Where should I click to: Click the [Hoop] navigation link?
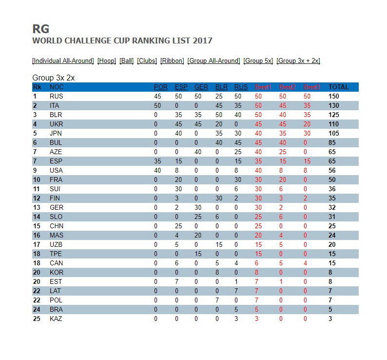pos(107,61)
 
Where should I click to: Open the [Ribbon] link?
pos(172,61)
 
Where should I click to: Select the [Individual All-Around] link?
pos(63,61)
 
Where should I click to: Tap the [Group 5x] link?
pos(258,61)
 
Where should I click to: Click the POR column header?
pos(160,87)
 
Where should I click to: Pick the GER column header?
pos(201,87)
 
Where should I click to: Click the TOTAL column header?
pos(338,87)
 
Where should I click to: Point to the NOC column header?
pos(57,87)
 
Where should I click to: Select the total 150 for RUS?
pos(333,97)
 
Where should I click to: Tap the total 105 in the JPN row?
pos(333,134)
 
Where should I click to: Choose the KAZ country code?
pos(56,319)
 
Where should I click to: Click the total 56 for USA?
pos(332,171)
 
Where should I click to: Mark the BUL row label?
pos(56,143)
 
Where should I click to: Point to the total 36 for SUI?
pos(332,189)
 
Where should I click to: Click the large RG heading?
pos(40,29)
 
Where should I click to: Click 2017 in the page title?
pos(203,40)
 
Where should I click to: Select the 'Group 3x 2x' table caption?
pos(53,78)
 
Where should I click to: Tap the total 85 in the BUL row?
pos(332,143)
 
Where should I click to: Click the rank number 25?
pos(36,319)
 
